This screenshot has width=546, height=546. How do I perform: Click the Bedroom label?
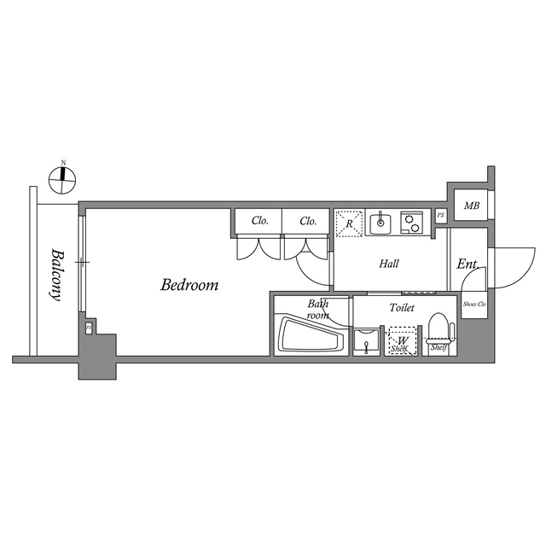(189, 285)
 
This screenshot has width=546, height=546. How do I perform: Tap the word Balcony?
(56, 274)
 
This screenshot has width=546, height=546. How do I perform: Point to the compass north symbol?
(62, 177)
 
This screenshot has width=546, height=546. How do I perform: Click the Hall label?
(389, 264)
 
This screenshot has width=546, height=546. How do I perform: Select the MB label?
(470, 206)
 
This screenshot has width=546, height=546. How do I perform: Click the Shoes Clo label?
(473, 305)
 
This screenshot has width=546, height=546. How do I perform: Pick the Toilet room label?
(402, 307)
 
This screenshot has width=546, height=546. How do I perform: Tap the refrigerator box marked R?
(349, 223)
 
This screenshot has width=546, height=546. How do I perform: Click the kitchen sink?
(380, 223)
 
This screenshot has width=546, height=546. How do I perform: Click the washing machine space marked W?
(402, 342)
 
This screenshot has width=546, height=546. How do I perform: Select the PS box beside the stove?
(440, 215)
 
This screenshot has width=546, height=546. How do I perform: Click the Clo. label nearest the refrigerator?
(308, 221)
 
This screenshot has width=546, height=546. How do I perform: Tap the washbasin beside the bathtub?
(368, 341)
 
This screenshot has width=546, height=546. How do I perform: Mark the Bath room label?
(318, 309)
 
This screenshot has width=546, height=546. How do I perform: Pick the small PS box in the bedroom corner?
(88, 328)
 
